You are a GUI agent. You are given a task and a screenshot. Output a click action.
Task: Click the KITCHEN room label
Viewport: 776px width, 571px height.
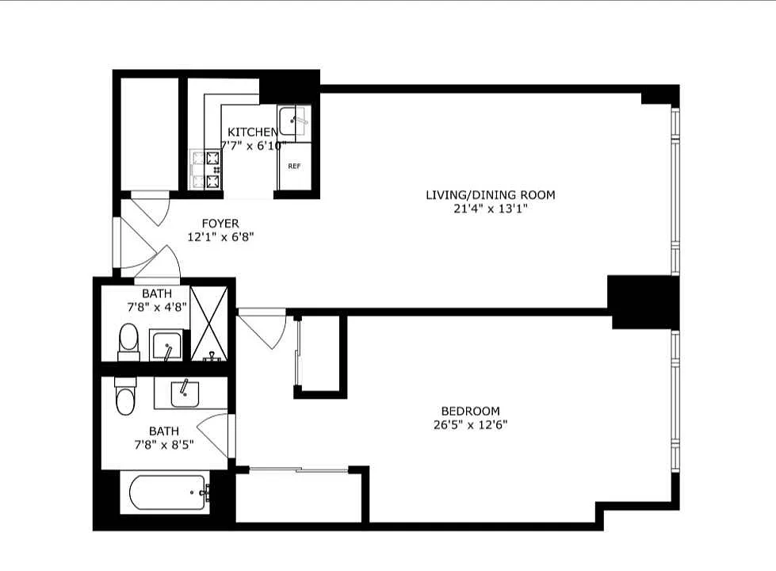[252, 132]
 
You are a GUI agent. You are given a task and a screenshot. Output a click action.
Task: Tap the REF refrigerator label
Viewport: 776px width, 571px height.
[294, 167]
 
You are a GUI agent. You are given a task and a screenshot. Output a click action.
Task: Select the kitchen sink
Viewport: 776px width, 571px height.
[293, 121]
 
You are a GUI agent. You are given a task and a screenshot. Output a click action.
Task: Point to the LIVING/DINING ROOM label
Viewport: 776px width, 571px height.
[491, 195]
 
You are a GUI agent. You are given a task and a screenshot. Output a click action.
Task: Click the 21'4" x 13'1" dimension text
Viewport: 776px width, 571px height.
[491, 209]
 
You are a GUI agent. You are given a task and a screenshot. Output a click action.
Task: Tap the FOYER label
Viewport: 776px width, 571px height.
[220, 224]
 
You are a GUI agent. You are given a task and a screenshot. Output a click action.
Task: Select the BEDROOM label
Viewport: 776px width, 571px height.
[470, 411]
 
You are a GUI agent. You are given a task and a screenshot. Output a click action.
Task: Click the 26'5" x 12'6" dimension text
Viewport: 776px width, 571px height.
[470, 424]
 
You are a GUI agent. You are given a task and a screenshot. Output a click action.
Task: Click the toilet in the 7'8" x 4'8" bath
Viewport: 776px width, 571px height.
[128, 342]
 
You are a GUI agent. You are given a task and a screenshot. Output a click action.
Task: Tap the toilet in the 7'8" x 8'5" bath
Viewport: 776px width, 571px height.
[124, 397]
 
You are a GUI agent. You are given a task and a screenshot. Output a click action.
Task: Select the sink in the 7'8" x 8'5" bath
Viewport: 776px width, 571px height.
[185, 393]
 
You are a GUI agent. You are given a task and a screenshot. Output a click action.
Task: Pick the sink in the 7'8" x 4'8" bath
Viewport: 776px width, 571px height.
[166, 346]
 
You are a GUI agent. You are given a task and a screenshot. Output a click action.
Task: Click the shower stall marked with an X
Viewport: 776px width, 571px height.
[208, 324]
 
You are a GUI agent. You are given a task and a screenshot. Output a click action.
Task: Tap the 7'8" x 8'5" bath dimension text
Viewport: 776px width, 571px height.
[164, 444]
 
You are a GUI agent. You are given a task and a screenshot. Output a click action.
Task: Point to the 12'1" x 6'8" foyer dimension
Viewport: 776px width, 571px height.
[220, 236]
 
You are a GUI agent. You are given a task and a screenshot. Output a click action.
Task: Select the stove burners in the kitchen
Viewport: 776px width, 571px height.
[213, 171]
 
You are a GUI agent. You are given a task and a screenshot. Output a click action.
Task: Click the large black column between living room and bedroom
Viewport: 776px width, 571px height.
[643, 301]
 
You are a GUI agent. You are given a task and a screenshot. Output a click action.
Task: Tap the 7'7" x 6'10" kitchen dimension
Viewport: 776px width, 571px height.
[253, 146]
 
